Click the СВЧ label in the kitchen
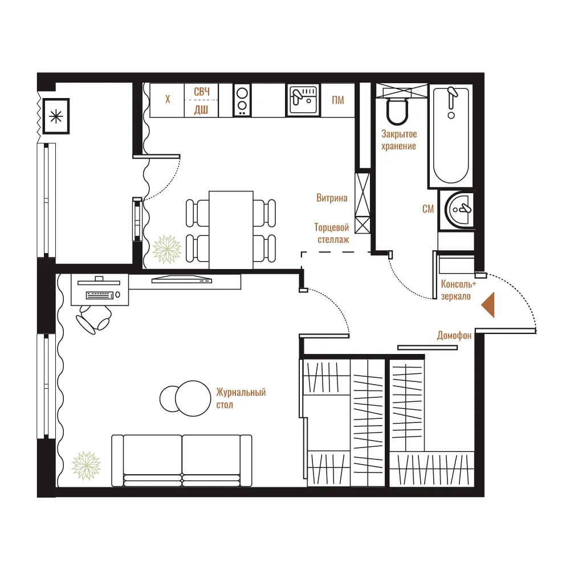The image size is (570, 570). [x=201, y=92]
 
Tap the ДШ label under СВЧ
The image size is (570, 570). [x=201, y=109]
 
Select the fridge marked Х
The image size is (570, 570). [x=167, y=100]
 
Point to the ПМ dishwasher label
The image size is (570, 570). [x=337, y=100]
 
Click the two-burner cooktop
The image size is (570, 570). [x=242, y=100]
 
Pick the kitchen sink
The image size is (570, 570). [x=303, y=100]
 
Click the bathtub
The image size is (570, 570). [x=451, y=135]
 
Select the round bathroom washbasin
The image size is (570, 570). [x=459, y=209]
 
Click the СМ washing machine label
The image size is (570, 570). [x=428, y=209]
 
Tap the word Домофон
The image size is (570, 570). [x=454, y=335]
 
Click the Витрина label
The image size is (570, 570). [x=332, y=198]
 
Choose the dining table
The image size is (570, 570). [x=231, y=230]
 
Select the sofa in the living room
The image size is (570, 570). [x=182, y=460]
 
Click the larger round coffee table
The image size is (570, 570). [x=193, y=398]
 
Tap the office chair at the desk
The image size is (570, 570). [x=93, y=319]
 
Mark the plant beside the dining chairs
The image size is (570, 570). [x=166, y=249]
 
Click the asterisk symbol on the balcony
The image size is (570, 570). [x=56, y=116]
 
